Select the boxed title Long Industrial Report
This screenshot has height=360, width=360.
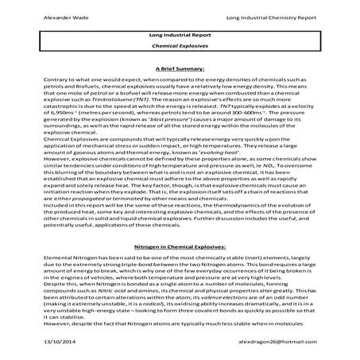pos(179,36)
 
